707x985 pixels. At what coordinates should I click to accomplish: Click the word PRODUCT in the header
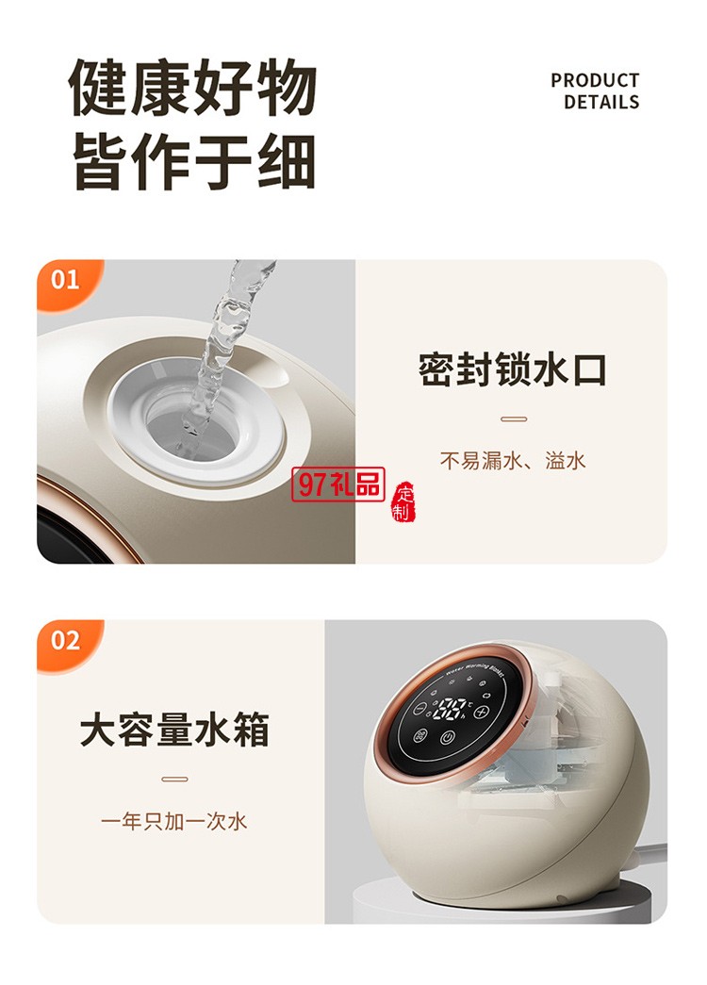[595, 81]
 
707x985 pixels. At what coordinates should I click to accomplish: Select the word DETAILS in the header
[601, 102]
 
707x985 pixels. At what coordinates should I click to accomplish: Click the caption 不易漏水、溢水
[513, 460]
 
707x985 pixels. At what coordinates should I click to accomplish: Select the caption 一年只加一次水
[174, 821]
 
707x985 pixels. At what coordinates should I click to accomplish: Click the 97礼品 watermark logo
[338, 484]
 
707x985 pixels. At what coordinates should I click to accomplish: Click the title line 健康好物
[192, 90]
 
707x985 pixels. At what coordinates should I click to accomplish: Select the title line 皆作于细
[192, 160]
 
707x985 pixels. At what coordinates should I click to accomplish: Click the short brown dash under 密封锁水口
[513, 419]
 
